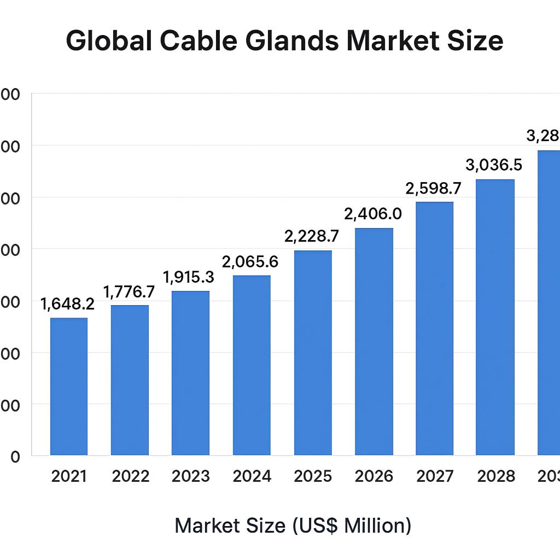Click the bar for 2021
tap(69, 386)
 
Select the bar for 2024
tap(252, 365)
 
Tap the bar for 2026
tap(374, 341)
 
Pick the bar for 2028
tap(495, 317)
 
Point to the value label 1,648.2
tap(67, 304)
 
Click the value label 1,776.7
tap(129, 291)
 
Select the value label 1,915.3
tap(189, 277)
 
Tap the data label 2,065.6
tap(250, 262)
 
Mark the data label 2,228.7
tap(312, 236)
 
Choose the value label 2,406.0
tap(373, 214)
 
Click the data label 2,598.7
tap(433, 189)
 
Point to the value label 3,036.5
tap(494, 165)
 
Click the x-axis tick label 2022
tap(130, 476)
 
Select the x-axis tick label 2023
tap(190, 476)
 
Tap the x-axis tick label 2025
tap(313, 476)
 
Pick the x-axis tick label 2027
tap(435, 476)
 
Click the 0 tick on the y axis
tap(15, 457)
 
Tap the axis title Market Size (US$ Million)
tap(293, 526)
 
